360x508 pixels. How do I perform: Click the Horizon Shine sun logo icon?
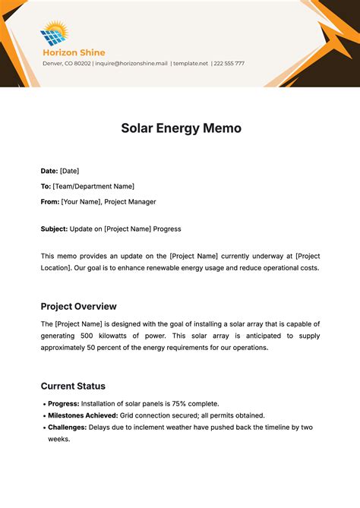click(54, 33)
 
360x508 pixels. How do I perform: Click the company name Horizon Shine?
click(73, 52)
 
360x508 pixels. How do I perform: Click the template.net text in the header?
click(190, 64)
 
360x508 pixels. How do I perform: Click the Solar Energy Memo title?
click(181, 128)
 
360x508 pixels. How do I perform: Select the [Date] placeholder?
click(69, 171)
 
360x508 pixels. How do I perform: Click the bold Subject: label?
click(54, 229)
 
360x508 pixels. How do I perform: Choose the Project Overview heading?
click(78, 307)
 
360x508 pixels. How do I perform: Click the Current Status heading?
click(73, 386)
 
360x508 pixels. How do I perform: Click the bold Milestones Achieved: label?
click(83, 415)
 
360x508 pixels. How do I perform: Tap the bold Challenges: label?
click(68, 428)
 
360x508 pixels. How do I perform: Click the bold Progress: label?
click(63, 403)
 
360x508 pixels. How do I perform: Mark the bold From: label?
click(49, 201)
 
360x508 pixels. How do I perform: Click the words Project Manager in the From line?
click(131, 201)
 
